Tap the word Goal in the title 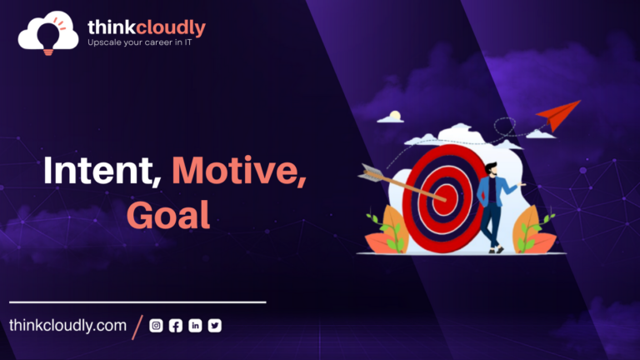click(168, 215)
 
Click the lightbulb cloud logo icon click(48, 32)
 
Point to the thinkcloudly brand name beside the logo click(147, 27)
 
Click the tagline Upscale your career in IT click(140, 42)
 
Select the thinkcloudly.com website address click(67, 326)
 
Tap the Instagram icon click(156, 326)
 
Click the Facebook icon click(176, 326)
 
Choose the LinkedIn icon click(195, 326)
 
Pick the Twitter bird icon click(215, 326)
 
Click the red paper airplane click(558, 115)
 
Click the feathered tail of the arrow click(371, 172)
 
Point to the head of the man click(492, 169)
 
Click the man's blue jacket click(492, 191)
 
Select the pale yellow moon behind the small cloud click(395, 116)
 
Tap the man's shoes click(496, 250)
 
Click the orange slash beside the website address click(137, 327)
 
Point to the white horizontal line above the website click(137, 302)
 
